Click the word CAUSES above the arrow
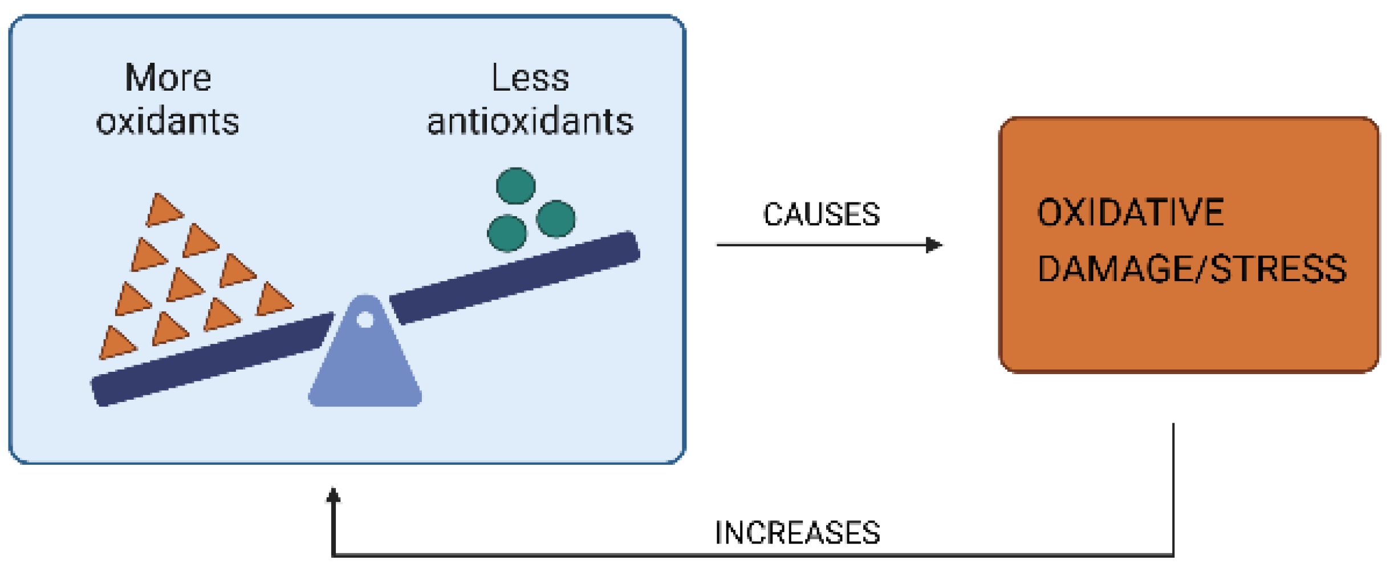click(820, 214)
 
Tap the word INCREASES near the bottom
click(796, 533)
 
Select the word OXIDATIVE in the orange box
click(1129, 212)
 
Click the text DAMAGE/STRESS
click(1191, 269)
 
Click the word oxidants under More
click(167, 121)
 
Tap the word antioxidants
click(530, 121)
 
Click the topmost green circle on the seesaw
click(515, 186)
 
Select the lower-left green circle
click(506, 233)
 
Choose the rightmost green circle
click(555, 218)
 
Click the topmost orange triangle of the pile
click(163, 211)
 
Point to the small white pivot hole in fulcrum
click(365, 320)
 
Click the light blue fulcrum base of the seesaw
click(365, 371)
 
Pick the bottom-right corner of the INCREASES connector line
click(1173, 554)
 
